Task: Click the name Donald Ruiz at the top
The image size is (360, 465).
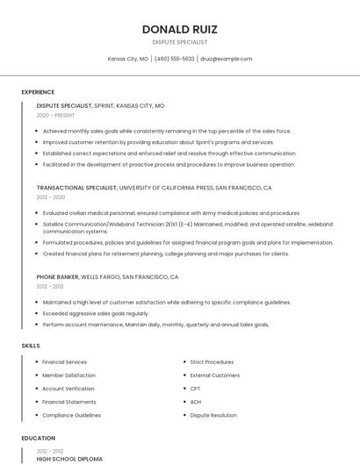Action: pos(180,29)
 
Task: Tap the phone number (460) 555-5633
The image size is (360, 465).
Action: pos(174,59)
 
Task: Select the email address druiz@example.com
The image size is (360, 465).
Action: pos(226,59)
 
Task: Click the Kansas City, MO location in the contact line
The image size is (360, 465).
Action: pos(127,59)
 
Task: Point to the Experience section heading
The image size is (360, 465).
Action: pos(38,92)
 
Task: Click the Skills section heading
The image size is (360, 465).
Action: pos(31,346)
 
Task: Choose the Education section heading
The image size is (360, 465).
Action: pos(38,438)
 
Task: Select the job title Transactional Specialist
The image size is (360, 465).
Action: pos(76,188)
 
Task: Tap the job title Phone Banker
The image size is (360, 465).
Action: pos(57,276)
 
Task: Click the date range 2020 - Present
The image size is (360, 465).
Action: pos(56,115)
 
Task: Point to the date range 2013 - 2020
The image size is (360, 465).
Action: pos(51,197)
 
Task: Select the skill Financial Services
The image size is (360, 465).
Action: pos(64,361)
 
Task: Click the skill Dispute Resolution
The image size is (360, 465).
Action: pos(213,415)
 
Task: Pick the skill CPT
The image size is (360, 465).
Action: pos(195,388)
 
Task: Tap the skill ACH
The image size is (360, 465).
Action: pos(196,402)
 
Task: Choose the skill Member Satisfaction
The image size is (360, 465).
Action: pos(68,375)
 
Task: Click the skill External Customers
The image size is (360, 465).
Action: pos(214,375)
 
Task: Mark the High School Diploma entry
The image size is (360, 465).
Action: pos(69,459)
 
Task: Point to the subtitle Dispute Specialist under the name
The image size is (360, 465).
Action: pos(180,42)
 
